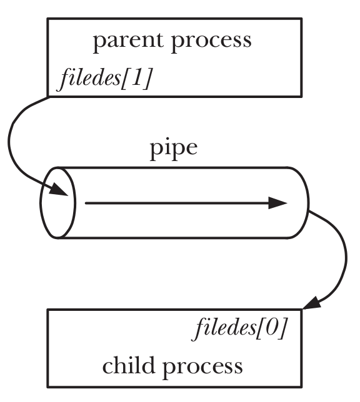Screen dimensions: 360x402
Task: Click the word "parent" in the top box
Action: pyautogui.click(x=128, y=42)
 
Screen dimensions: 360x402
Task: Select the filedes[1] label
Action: pyautogui.click(x=105, y=78)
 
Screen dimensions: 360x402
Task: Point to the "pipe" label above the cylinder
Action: pyautogui.click(x=174, y=149)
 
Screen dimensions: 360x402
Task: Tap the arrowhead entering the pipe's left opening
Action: pyautogui.click(x=59, y=190)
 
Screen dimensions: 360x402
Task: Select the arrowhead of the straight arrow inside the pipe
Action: pyautogui.click(x=278, y=203)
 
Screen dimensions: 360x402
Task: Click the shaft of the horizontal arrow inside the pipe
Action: pyautogui.click(x=177, y=203)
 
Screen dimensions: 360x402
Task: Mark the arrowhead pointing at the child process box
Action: pyautogui.click(x=312, y=303)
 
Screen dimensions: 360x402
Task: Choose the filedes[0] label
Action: pyautogui.click(x=239, y=328)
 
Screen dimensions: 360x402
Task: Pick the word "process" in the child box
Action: pyautogui.click(x=202, y=367)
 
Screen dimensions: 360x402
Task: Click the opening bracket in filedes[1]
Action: pyautogui.click(x=126, y=78)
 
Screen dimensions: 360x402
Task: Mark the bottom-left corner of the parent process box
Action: pyautogui.click(x=47, y=97)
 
